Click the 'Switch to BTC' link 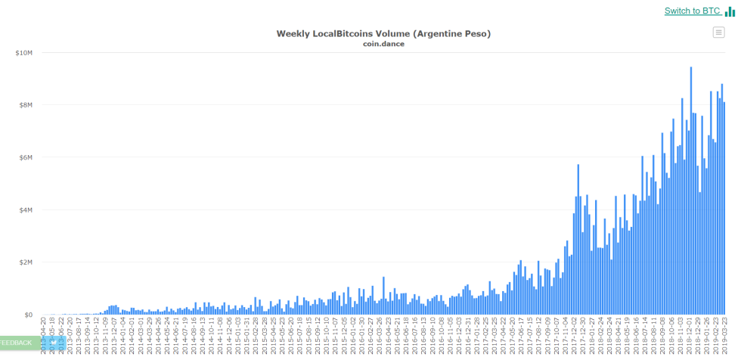[x=692, y=11]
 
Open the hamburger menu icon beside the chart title [x=718, y=32]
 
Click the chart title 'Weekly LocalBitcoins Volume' [x=383, y=33]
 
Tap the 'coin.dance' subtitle [x=383, y=44]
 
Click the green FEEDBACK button [x=17, y=343]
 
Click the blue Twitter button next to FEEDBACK [x=52, y=343]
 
